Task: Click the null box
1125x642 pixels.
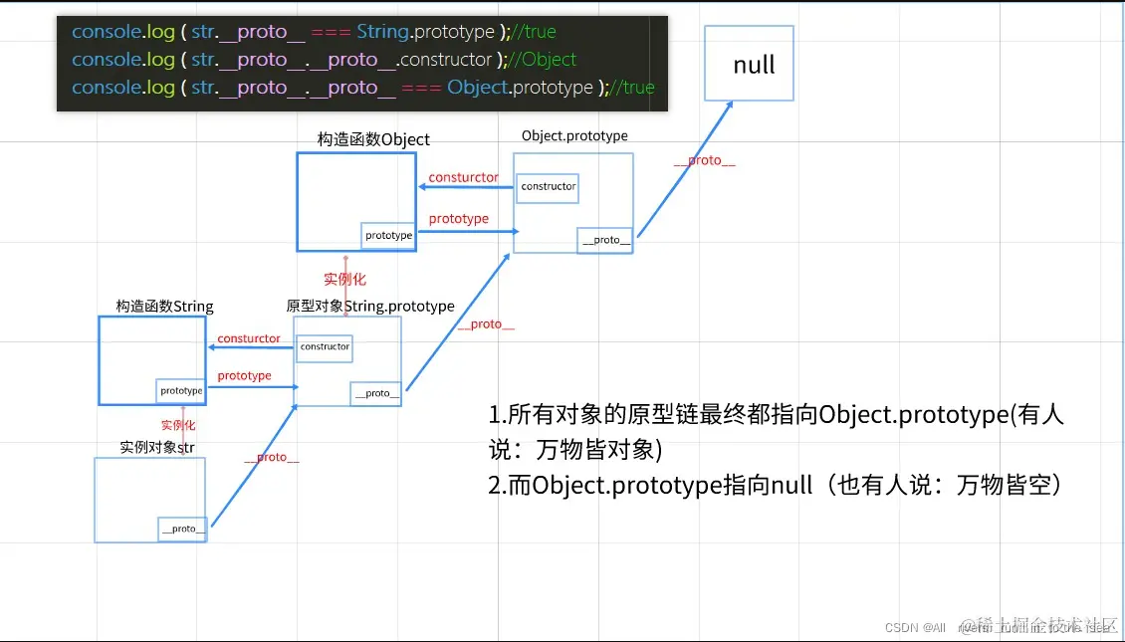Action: pyautogui.click(x=749, y=63)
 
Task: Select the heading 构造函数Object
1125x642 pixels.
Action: pyautogui.click(x=373, y=139)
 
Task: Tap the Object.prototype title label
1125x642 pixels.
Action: pyautogui.click(x=574, y=135)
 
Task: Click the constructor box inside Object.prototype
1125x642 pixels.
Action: pyautogui.click(x=548, y=186)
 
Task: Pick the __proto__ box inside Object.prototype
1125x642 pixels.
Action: pyautogui.click(x=605, y=240)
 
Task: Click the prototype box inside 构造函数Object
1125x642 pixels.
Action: pyautogui.click(x=388, y=236)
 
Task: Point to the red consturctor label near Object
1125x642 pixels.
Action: pyautogui.click(x=463, y=177)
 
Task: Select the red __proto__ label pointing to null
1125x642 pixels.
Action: pyautogui.click(x=704, y=160)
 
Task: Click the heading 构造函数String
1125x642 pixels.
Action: pyautogui.click(x=164, y=306)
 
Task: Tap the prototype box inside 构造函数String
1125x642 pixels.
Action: pyautogui.click(x=180, y=391)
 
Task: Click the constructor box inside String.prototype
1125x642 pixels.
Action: pyautogui.click(x=325, y=347)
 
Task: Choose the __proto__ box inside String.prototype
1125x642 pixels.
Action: pyautogui.click(x=376, y=393)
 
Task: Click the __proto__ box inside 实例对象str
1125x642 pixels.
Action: pyautogui.click(x=183, y=529)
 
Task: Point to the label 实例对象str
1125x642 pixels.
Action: pyautogui.click(x=157, y=447)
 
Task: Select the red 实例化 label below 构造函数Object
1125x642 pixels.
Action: pyautogui.click(x=344, y=279)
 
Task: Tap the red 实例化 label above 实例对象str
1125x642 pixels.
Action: pyautogui.click(x=178, y=425)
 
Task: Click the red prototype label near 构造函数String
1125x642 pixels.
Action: pyautogui.click(x=244, y=375)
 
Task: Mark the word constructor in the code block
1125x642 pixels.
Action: pyautogui.click(x=445, y=60)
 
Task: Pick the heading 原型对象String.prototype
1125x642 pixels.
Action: pyautogui.click(x=369, y=306)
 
